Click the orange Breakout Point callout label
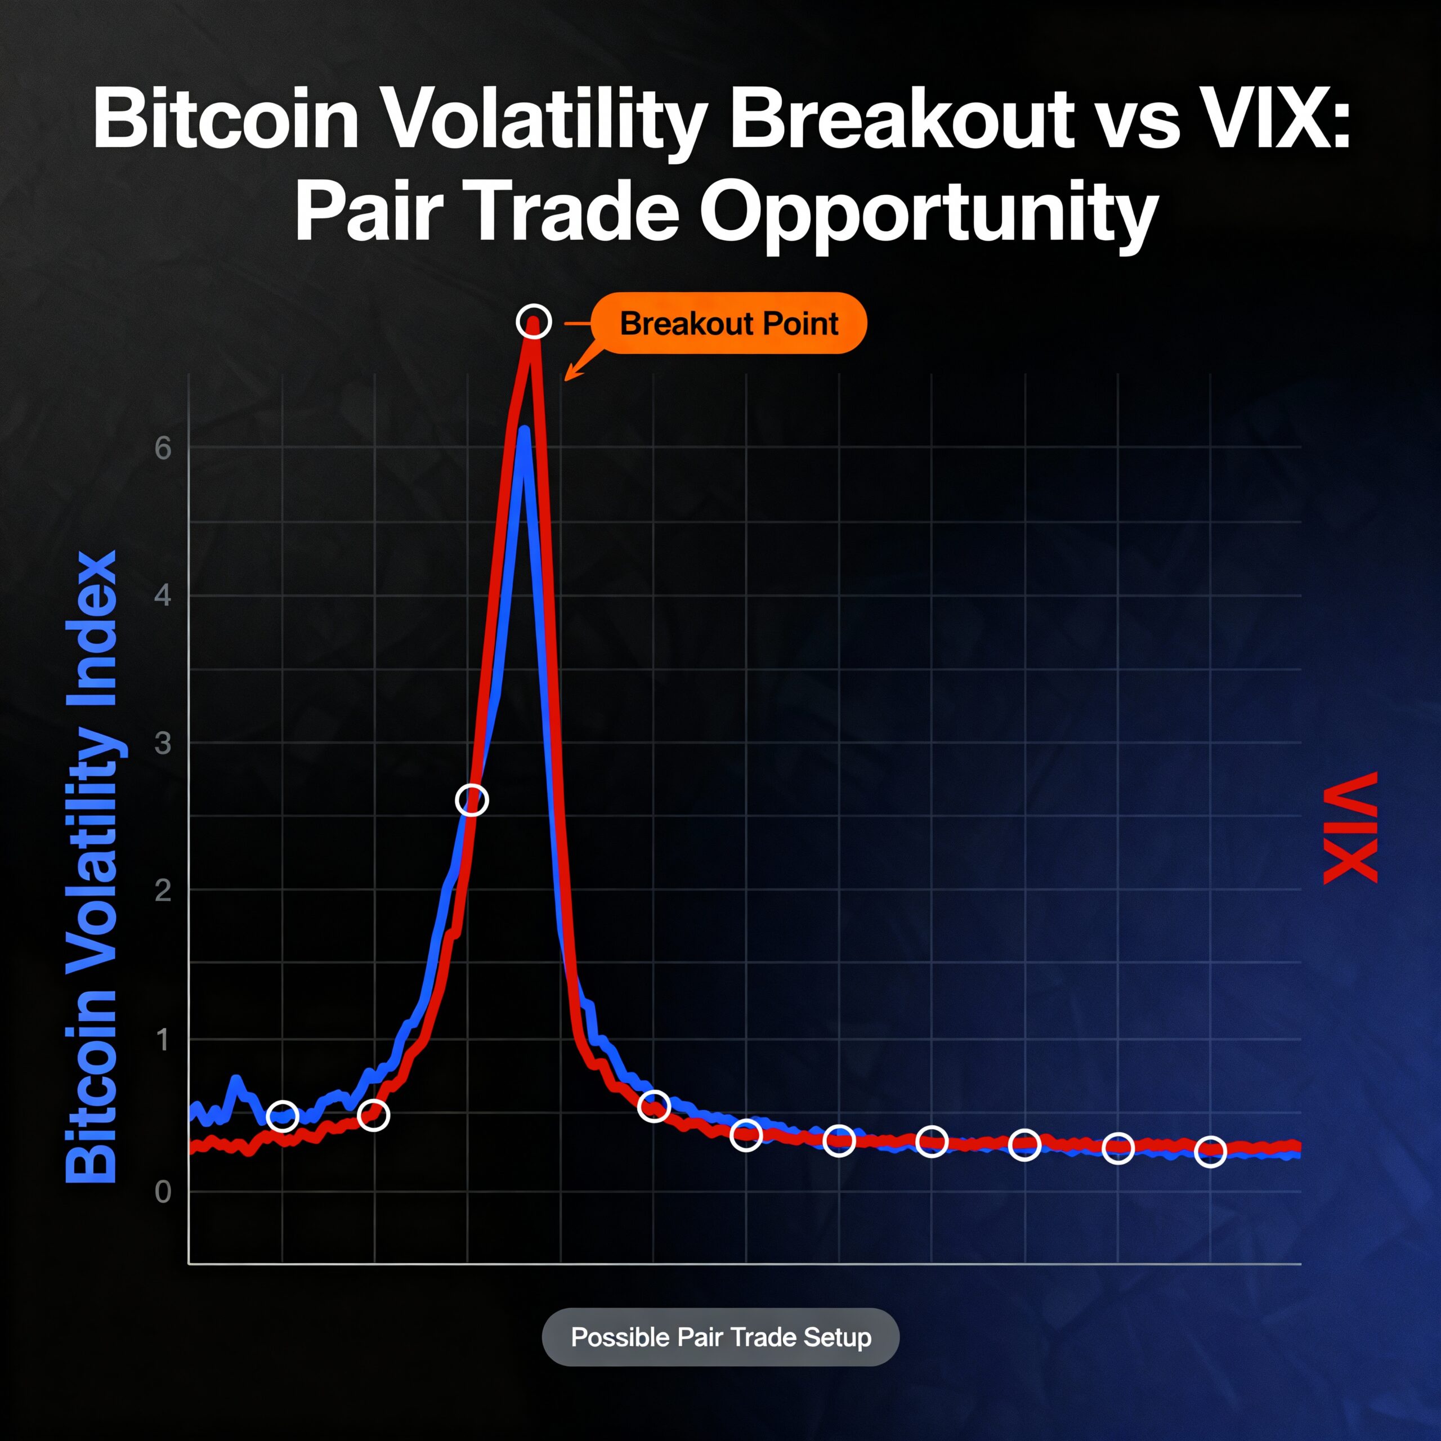click(729, 323)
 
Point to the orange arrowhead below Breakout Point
click(569, 376)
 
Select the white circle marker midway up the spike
click(471, 800)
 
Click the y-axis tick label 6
click(163, 448)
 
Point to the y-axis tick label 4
click(163, 596)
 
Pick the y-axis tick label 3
click(163, 743)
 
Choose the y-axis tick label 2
click(163, 890)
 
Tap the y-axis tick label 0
click(163, 1192)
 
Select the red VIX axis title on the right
click(1350, 829)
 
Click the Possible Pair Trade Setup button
click(720, 1337)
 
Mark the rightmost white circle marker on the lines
click(1210, 1152)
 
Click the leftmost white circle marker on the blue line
click(282, 1116)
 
